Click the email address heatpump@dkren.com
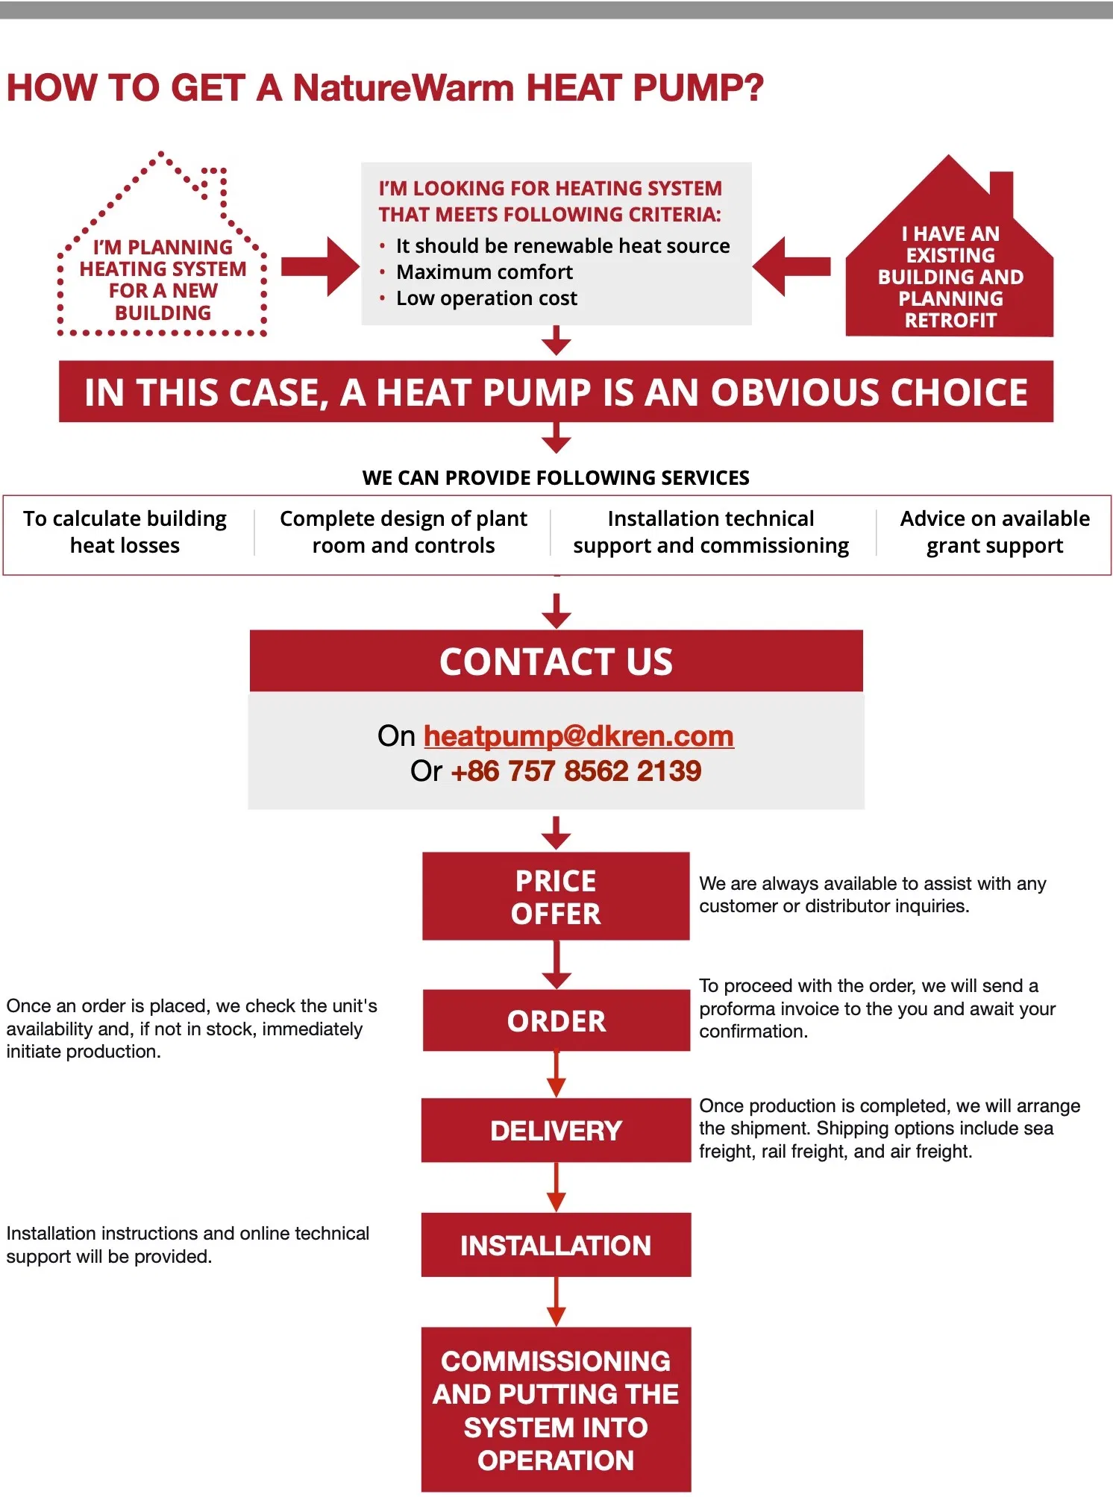coord(578,736)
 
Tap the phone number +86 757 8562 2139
coord(576,771)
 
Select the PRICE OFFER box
coord(556,897)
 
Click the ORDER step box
coord(556,1020)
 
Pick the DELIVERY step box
coord(556,1130)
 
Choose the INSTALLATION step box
coord(556,1245)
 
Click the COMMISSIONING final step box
coord(556,1409)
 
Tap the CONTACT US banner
coord(556,662)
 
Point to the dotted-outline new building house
coord(163,261)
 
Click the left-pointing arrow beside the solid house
coord(791,266)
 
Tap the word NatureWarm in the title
coord(404,88)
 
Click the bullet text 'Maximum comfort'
coord(484,272)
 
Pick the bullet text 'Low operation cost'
coord(486,298)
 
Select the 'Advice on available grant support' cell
coord(994,532)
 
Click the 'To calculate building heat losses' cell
coord(125,532)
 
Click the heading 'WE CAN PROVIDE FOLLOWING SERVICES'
coord(556,477)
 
